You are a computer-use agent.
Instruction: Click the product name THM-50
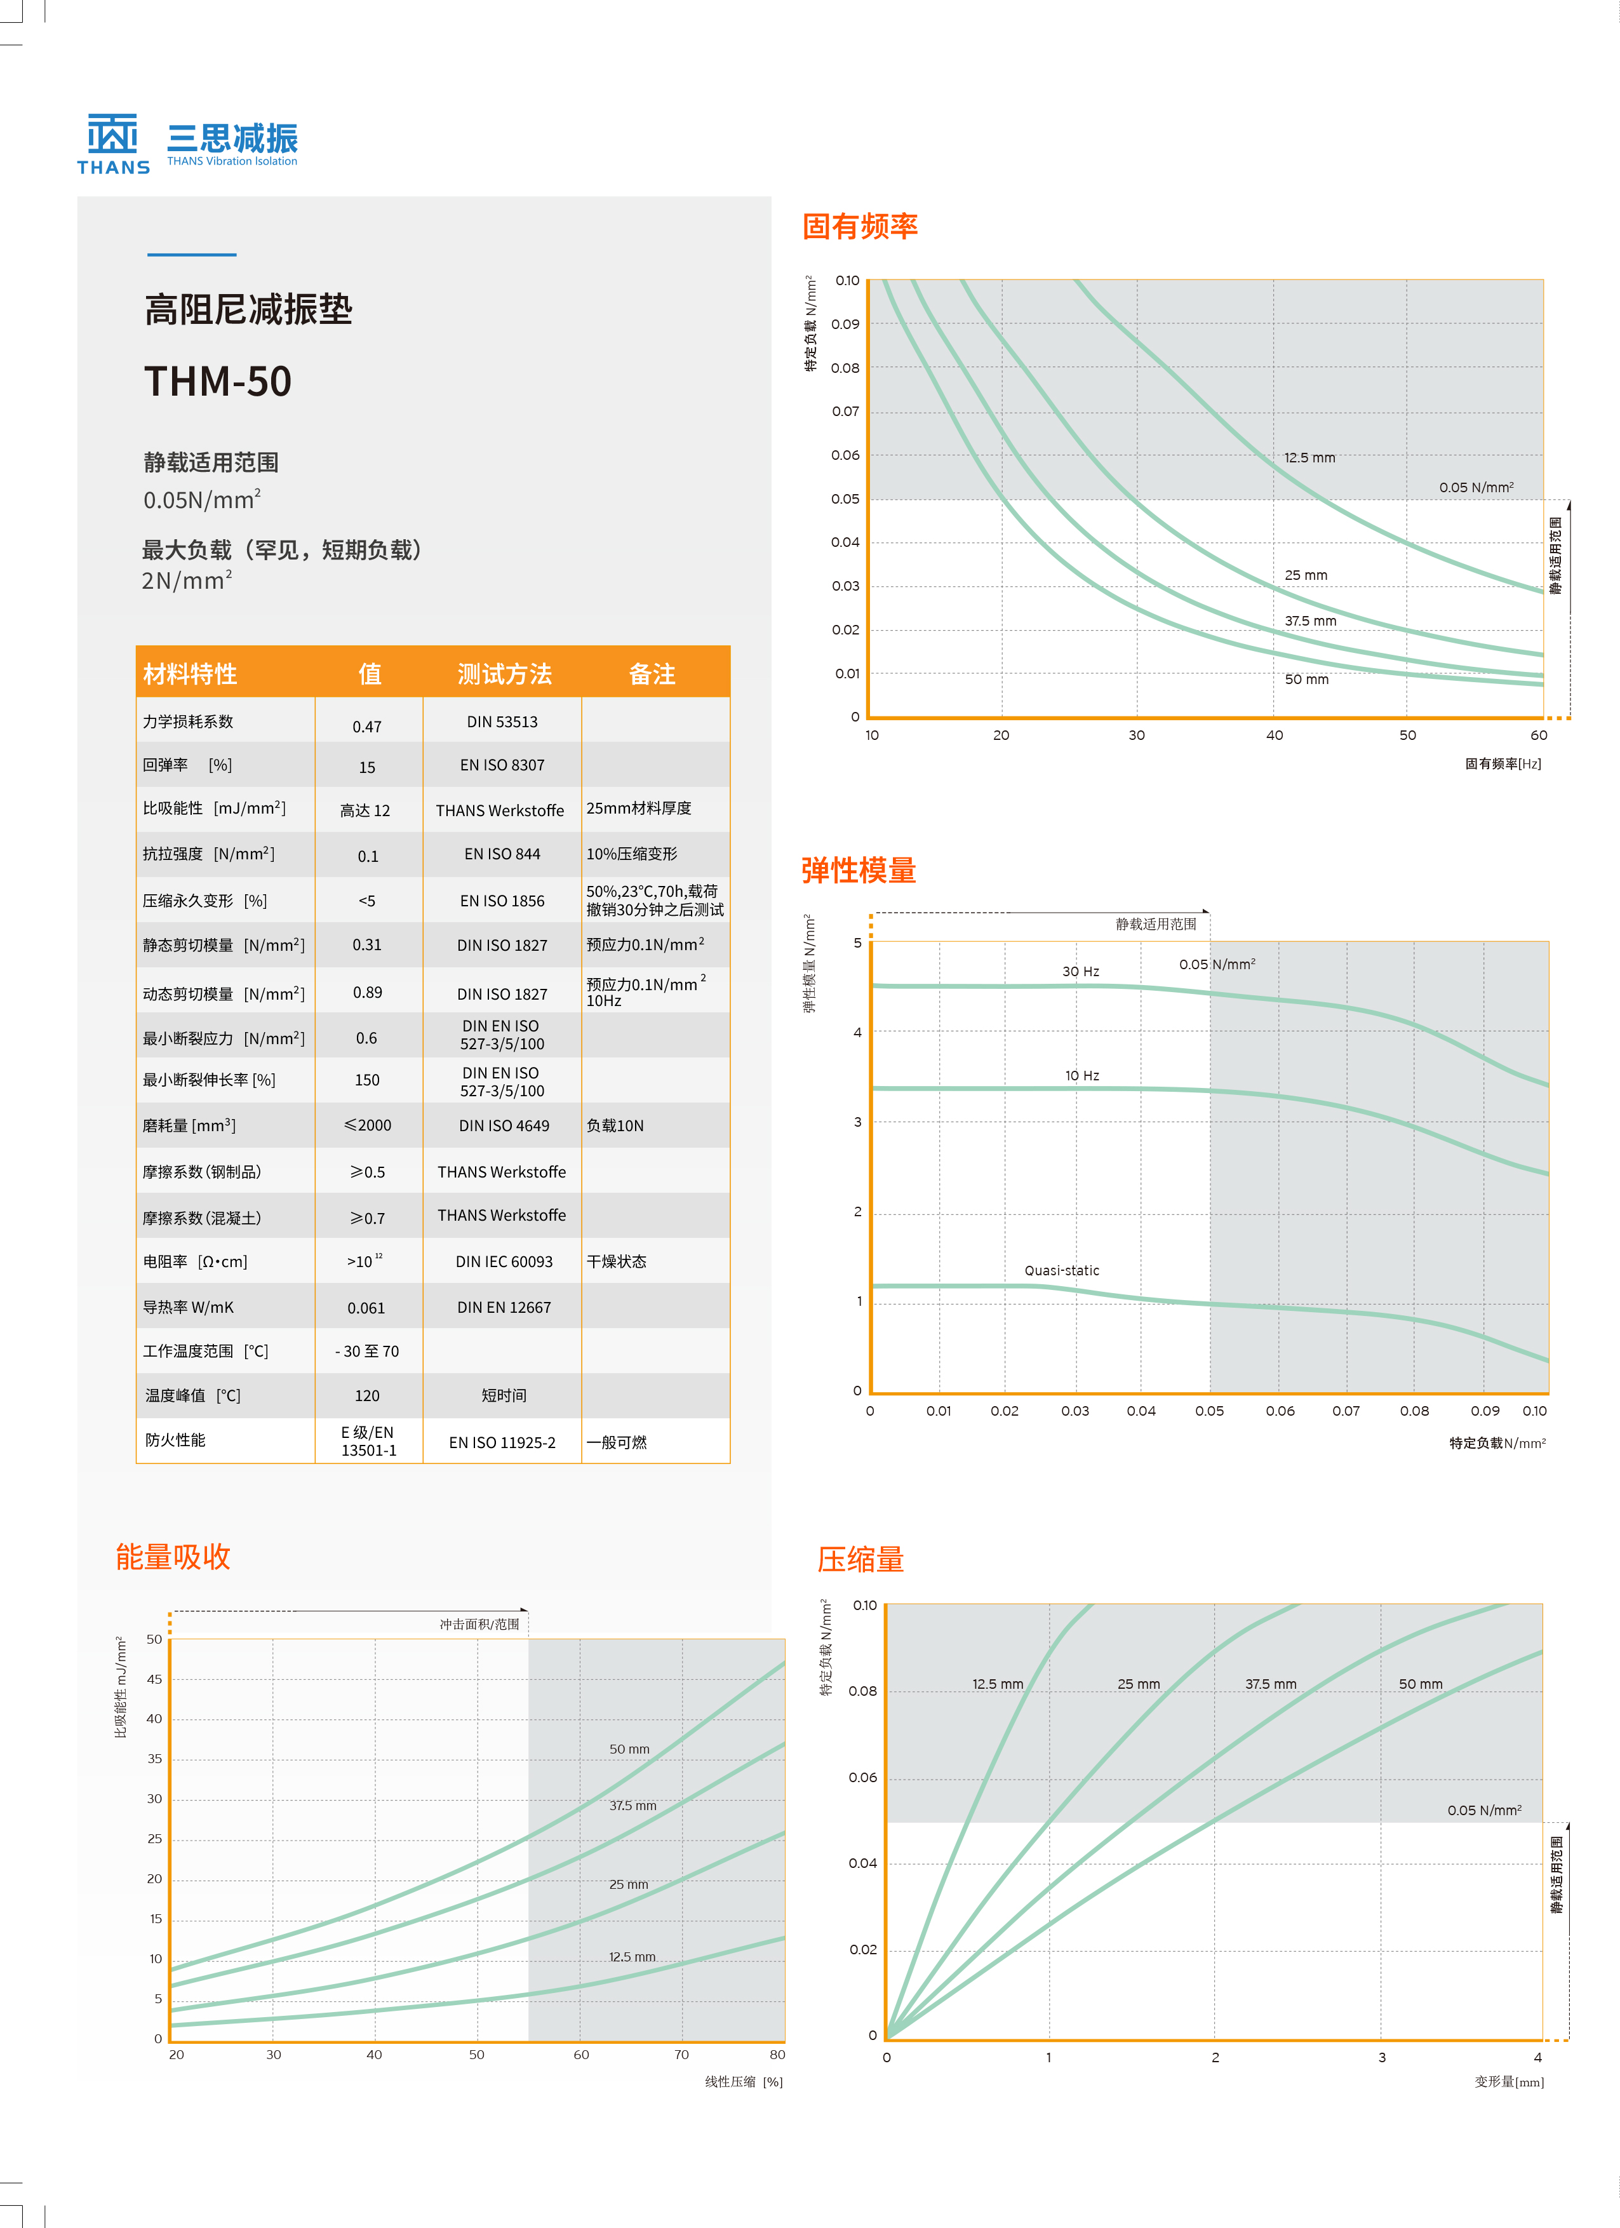218,381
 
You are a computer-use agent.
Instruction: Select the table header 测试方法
504,674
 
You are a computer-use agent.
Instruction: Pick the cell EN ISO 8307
502,765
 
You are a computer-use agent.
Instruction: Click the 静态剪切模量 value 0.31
366,945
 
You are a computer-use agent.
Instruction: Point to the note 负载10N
615,1126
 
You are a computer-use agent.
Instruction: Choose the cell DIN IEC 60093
504,1261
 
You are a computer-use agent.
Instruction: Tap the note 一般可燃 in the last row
617,1442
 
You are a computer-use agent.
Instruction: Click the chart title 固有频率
860,227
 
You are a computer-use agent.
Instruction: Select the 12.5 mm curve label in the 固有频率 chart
1309,458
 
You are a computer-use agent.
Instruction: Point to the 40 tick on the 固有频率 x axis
1274,735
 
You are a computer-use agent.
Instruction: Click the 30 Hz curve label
1081,972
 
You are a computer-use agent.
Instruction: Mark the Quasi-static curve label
1062,1270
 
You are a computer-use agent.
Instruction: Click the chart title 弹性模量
859,870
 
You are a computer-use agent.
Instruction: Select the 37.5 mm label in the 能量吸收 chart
633,1806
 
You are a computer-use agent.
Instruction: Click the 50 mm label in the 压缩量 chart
1421,1684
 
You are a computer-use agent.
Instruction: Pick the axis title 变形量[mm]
1509,2082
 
